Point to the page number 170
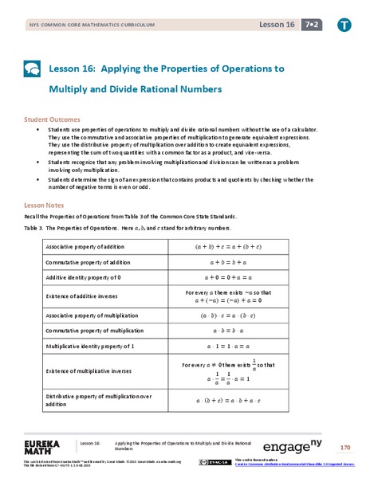click(344, 447)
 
